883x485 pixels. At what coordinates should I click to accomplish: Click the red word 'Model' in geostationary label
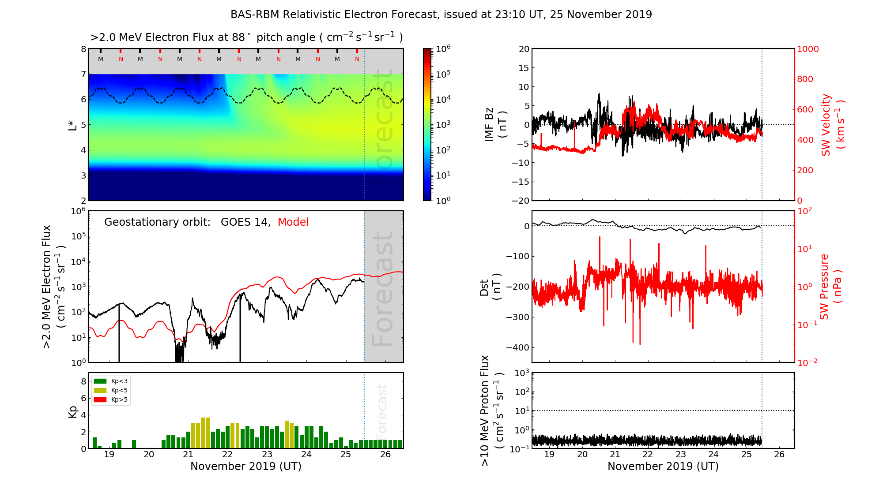(293, 222)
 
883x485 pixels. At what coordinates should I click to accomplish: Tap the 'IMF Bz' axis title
(495, 125)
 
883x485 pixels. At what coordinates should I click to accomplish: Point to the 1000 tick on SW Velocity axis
(808, 49)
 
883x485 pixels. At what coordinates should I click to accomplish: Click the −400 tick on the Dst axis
(517, 347)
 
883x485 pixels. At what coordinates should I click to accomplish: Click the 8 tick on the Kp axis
(83, 381)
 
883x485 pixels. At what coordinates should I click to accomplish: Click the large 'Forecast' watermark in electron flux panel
(383, 289)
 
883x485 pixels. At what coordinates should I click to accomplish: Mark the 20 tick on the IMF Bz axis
(524, 49)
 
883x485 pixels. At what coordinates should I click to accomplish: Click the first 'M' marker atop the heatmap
(101, 59)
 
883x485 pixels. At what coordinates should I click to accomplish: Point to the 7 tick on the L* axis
(83, 74)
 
